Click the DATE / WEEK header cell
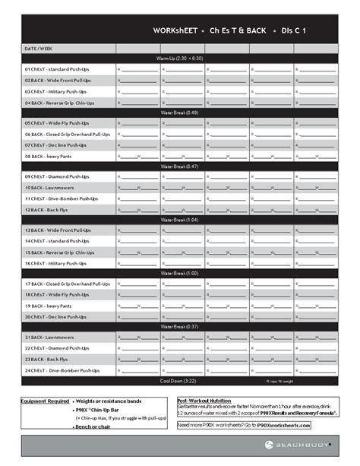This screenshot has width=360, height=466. pos(39,48)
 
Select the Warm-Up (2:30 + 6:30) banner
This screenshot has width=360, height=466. pos(179,59)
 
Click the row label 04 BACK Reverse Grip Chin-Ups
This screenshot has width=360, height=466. pos(60,102)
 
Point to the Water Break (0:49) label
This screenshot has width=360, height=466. pos(179,113)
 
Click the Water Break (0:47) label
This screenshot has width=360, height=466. pos(179,166)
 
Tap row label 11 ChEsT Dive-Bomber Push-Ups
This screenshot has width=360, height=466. pos(62,198)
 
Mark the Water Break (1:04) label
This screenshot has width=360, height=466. pos(179,220)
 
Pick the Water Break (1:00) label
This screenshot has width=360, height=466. pos(179,273)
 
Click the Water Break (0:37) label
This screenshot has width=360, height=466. pos(179,327)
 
